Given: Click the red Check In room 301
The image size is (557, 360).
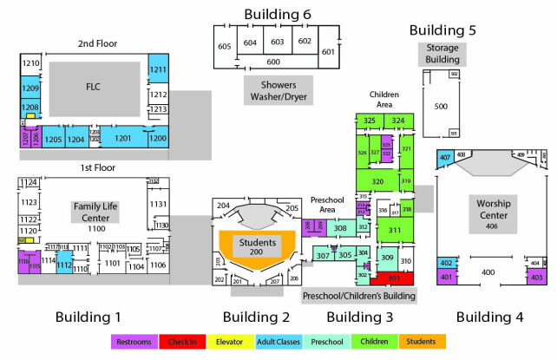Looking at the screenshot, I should coord(393,278).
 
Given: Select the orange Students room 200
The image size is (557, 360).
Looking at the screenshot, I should coord(257,245).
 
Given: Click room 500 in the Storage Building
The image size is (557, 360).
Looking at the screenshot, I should coord(441,106).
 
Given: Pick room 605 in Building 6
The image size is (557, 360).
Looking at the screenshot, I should coord(224,46).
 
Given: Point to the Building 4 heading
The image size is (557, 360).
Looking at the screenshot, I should coord(490,317).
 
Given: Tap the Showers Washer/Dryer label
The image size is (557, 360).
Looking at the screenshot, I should coord(278,89).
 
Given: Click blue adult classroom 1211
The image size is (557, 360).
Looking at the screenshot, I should coord(158,69).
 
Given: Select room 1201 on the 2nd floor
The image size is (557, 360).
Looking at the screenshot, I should coord(123,137).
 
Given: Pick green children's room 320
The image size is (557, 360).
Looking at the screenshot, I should coord(377,181).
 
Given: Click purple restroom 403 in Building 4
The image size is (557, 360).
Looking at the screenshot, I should coord(535,277).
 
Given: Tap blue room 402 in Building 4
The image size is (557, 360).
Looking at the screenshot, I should coord(447,262).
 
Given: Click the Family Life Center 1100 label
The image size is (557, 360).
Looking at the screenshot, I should coord(95,216).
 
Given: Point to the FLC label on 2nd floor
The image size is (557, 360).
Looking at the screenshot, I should coord(94,87).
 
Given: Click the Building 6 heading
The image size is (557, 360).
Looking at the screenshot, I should coord(278,14).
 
